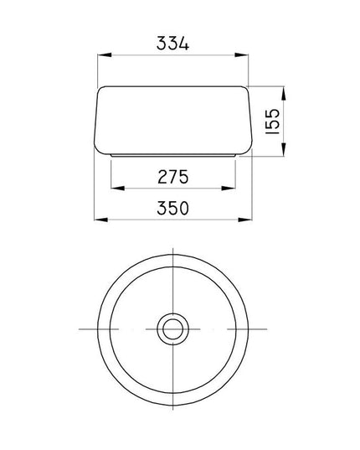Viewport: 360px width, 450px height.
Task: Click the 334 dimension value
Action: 172,44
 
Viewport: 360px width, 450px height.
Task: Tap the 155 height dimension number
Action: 272,122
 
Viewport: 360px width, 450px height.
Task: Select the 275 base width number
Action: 173,177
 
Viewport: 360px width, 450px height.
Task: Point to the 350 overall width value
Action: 173,208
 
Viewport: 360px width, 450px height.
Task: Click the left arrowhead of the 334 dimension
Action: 105,54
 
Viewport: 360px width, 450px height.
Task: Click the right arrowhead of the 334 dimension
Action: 241,54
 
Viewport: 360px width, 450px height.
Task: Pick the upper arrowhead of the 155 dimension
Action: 284,93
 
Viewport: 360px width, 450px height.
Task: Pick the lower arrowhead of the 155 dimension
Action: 284,149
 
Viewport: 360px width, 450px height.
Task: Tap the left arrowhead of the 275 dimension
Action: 118,189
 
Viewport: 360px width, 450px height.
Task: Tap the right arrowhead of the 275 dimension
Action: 229,189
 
